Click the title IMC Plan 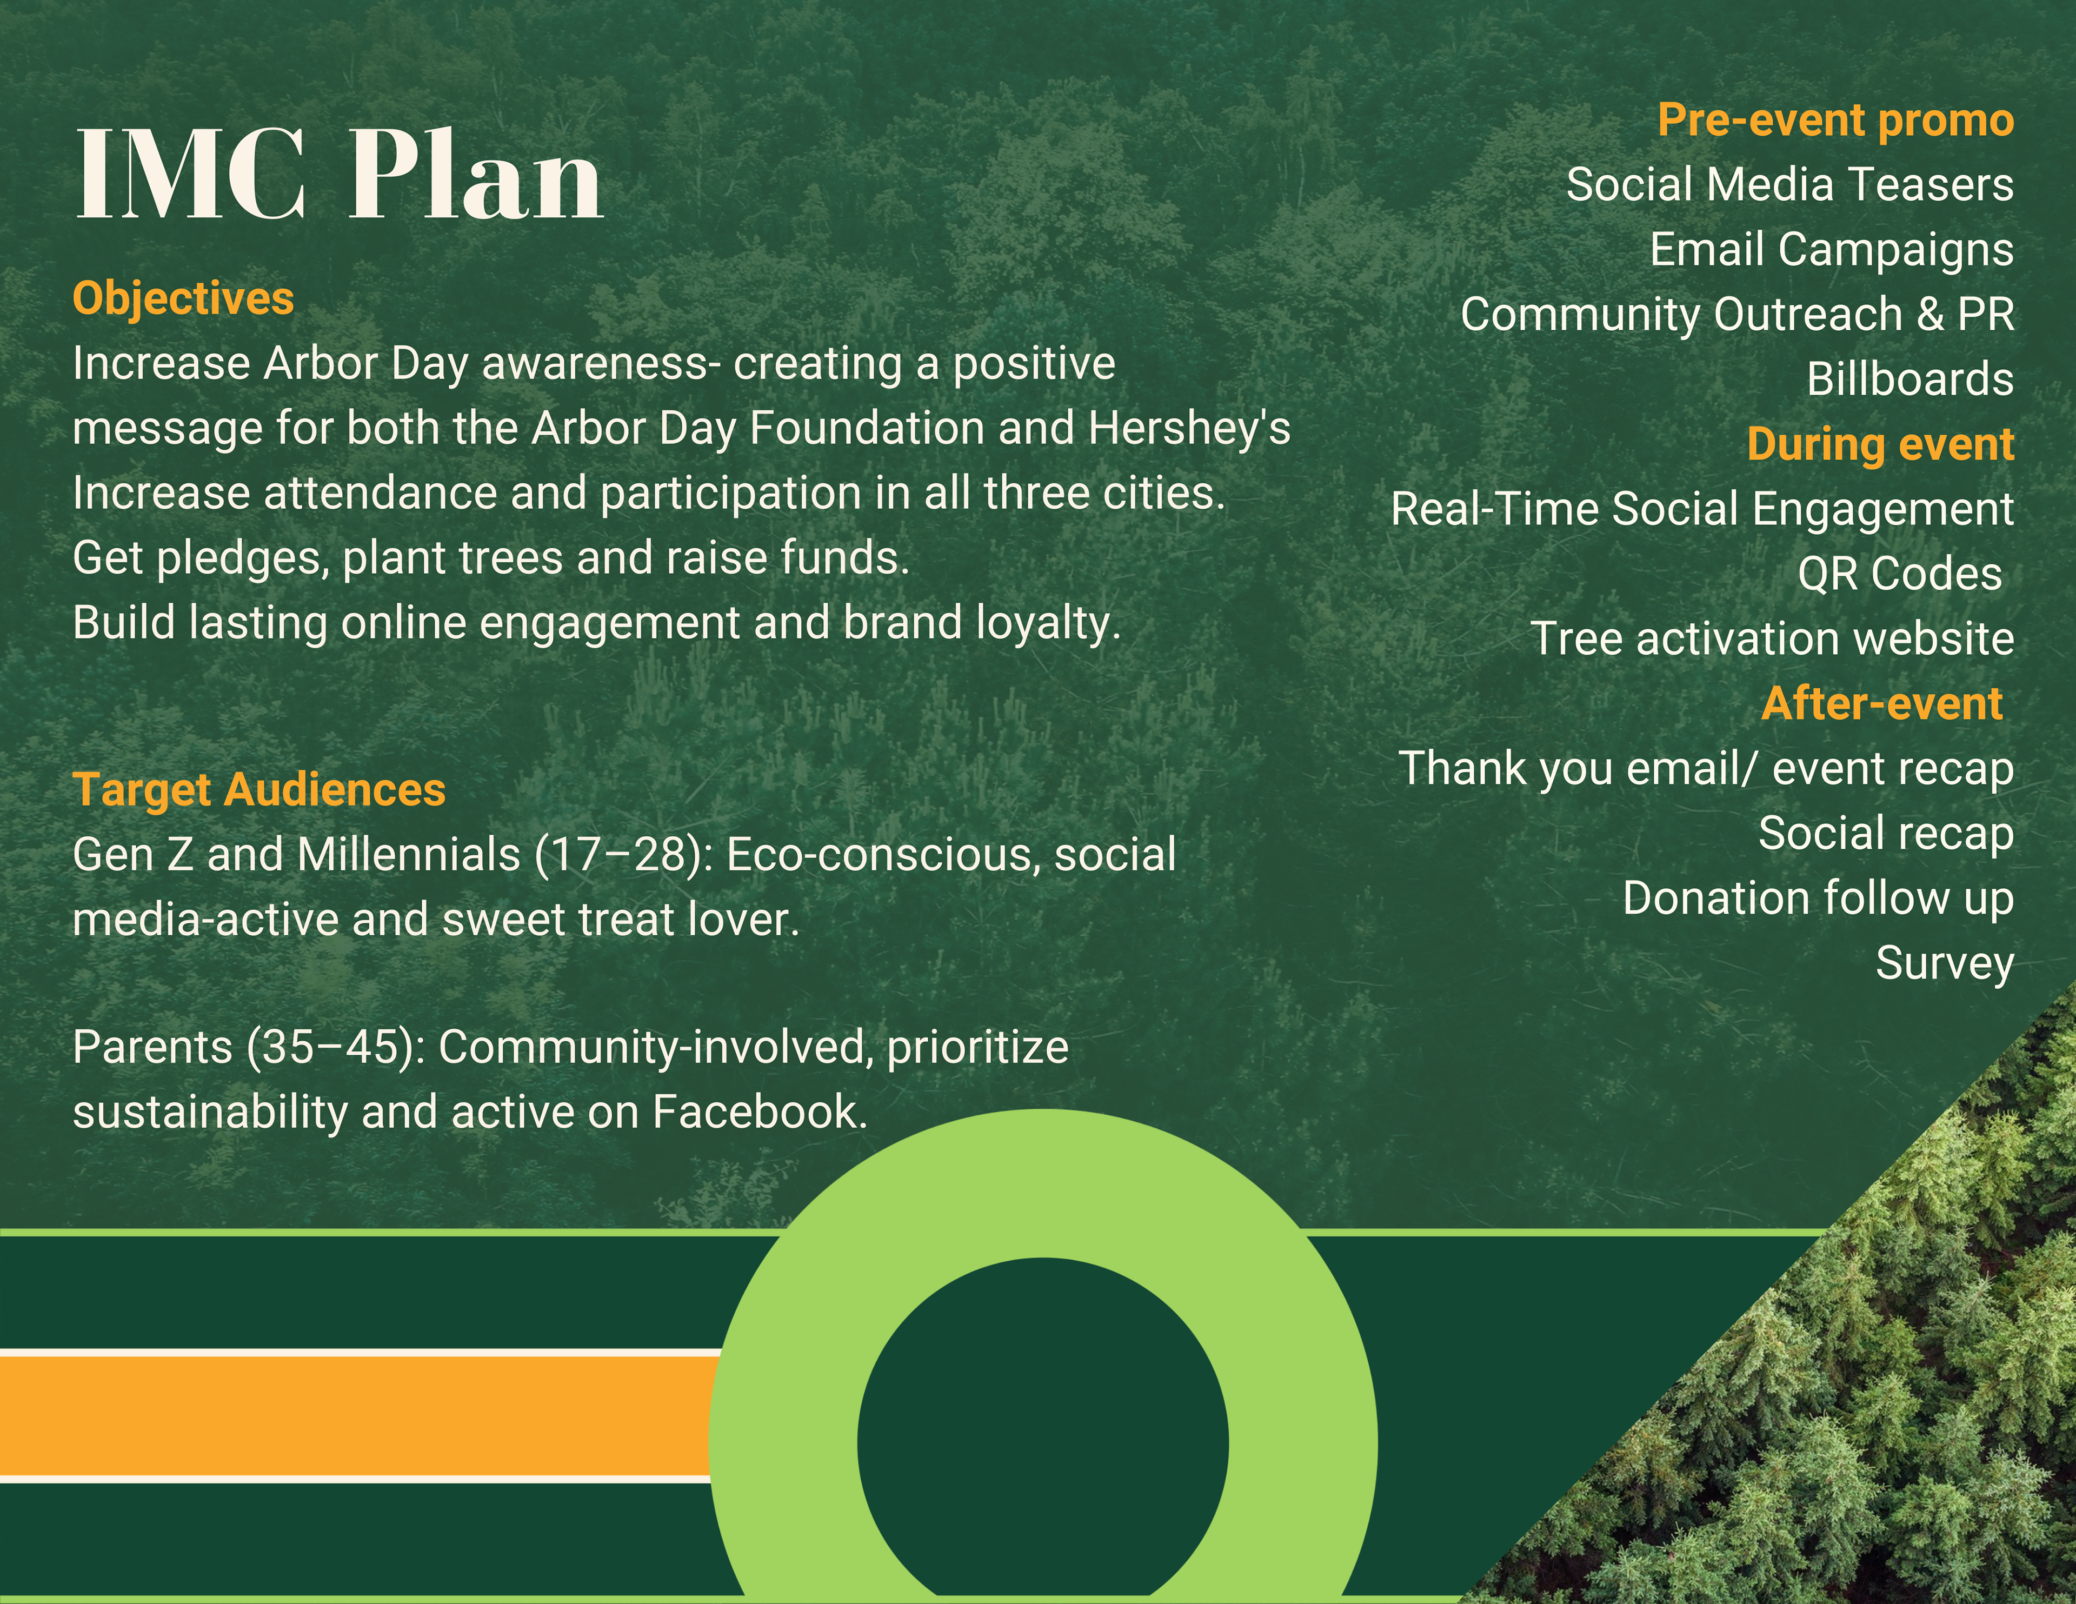(x=340, y=176)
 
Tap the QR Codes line (x=1899, y=574)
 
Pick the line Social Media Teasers (x=1790, y=184)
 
